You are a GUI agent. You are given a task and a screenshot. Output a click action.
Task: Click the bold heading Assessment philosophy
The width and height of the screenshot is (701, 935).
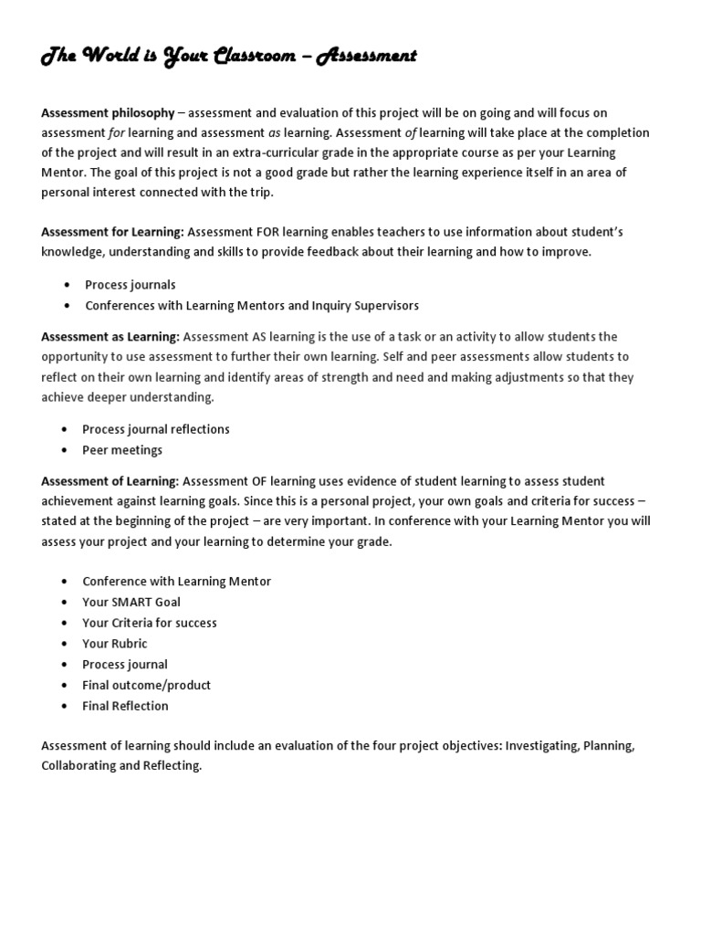click(x=108, y=113)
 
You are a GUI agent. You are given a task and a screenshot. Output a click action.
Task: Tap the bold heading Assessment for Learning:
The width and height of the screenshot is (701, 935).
click(x=112, y=232)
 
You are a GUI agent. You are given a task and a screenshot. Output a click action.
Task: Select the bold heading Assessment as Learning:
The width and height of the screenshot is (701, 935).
click(x=110, y=337)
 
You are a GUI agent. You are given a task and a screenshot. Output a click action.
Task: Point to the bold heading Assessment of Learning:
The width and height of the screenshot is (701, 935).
click(x=110, y=481)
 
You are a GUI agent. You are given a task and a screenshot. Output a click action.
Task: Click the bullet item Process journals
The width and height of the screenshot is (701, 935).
click(x=130, y=285)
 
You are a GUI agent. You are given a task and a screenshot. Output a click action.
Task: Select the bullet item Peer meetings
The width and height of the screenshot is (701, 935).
click(x=122, y=450)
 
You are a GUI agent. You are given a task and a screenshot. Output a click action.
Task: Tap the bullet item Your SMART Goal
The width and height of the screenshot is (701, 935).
click(x=131, y=602)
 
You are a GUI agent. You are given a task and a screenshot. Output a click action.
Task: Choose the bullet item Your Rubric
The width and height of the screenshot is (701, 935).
click(x=114, y=644)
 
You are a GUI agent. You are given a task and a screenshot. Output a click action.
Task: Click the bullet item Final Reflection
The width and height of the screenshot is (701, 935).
click(x=125, y=706)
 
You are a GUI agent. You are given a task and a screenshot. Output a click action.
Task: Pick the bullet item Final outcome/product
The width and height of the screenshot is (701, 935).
click(x=146, y=685)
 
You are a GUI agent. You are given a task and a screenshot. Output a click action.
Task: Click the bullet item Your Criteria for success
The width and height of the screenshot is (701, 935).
click(x=150, y=623)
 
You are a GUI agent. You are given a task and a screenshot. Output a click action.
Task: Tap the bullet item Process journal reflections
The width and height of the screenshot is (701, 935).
click(x=156, y=429)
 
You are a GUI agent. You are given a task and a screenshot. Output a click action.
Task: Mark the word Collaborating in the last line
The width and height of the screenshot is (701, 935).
click(x=82, y=766)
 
